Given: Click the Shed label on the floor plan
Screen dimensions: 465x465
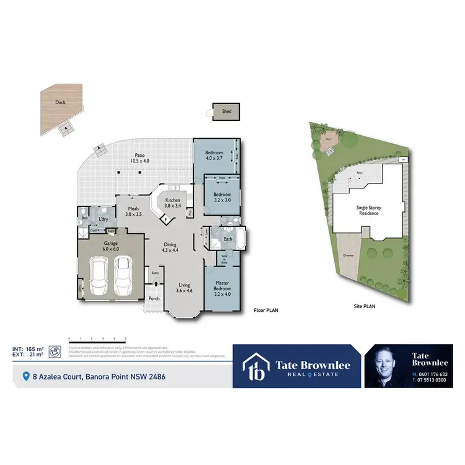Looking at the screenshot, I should pos(226,112).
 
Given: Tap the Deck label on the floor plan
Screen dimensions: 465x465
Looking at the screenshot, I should pos(60,103).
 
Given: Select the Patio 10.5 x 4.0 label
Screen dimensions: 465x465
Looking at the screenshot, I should pos(139,157).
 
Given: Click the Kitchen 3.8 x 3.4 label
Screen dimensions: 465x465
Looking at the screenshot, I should pos(172,203).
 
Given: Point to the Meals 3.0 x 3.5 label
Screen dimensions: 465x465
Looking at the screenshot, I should pos(133,211).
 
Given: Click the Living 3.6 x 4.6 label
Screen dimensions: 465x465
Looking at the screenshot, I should pos(185,288).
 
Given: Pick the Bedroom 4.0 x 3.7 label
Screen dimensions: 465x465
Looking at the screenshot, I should pos(215,155).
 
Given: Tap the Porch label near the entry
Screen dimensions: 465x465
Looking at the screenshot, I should pos(154,299).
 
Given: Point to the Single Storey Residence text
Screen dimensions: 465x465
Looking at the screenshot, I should pos(368,210).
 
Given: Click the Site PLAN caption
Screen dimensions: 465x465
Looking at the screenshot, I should pos(364,306).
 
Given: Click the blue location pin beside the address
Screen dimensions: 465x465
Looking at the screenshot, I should pos(25,376).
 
